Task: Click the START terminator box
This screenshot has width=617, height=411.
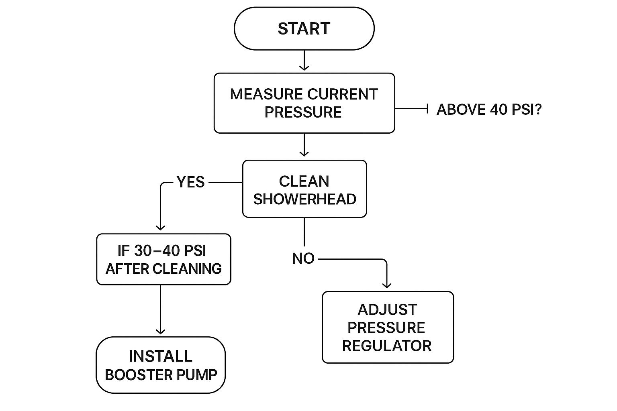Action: [x=304, y=28]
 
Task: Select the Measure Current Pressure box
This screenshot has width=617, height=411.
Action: [x=304, y=103]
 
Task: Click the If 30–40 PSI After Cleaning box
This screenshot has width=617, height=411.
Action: [x=163, y=259]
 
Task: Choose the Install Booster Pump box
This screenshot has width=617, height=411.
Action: [x=161, y=365]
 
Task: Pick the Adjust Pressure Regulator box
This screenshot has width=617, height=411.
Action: [x=388, y=328]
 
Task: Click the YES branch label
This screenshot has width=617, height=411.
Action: [x=190, y=182]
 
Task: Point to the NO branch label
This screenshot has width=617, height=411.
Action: [x=303, y=258]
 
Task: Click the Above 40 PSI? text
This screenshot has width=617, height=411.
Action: [x=489, y=110]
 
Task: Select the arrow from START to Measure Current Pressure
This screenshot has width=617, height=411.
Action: [x=304, y=61]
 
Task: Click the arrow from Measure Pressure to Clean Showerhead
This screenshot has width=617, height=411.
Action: [x=304, y=145]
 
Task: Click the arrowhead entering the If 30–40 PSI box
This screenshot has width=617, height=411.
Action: [x=160, y=228]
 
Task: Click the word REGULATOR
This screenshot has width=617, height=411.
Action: [x=387, y=346]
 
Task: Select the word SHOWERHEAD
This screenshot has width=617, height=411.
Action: [x=304, y=199]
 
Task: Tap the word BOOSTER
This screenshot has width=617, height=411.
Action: [x=133, y=375]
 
